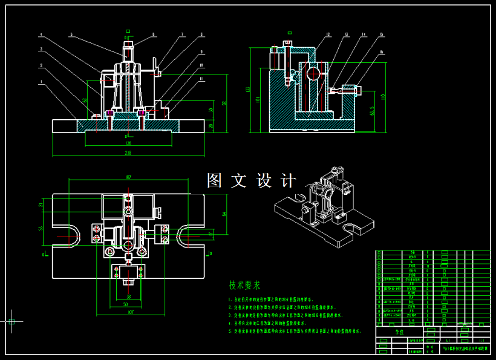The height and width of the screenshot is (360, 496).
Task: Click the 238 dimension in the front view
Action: (x=128, y=153)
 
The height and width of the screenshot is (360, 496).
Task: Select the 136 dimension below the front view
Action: (x=128, y=143)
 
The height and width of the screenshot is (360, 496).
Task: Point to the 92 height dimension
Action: (x=224, y=103)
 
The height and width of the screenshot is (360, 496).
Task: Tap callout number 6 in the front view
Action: (x=154, y=34)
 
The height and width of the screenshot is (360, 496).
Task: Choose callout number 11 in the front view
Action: (x=201, y=79)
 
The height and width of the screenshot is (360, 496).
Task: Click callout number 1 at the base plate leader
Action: (x=41, y=80)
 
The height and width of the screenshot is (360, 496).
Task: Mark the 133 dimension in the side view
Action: (x=247, y=90)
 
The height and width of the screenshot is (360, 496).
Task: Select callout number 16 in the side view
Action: (x=382, y=53)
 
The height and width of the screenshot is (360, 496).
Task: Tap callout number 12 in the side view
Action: (x=327, y=34)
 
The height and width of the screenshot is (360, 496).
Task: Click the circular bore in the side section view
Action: (x=313, y=74)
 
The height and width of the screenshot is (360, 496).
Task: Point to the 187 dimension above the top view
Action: (x=128, y=177)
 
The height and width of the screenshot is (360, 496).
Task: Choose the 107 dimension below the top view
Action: (x=130, y=313)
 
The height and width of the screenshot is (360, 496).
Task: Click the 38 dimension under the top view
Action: (x=128, y=296)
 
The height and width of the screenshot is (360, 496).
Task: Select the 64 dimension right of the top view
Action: (x=224, y=214)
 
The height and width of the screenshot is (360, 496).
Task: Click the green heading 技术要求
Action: (x=244, y=284)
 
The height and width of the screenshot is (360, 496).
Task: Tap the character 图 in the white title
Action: (x=215, y=180)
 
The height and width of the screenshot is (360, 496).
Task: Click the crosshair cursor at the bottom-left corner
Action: (x=11, y=321)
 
